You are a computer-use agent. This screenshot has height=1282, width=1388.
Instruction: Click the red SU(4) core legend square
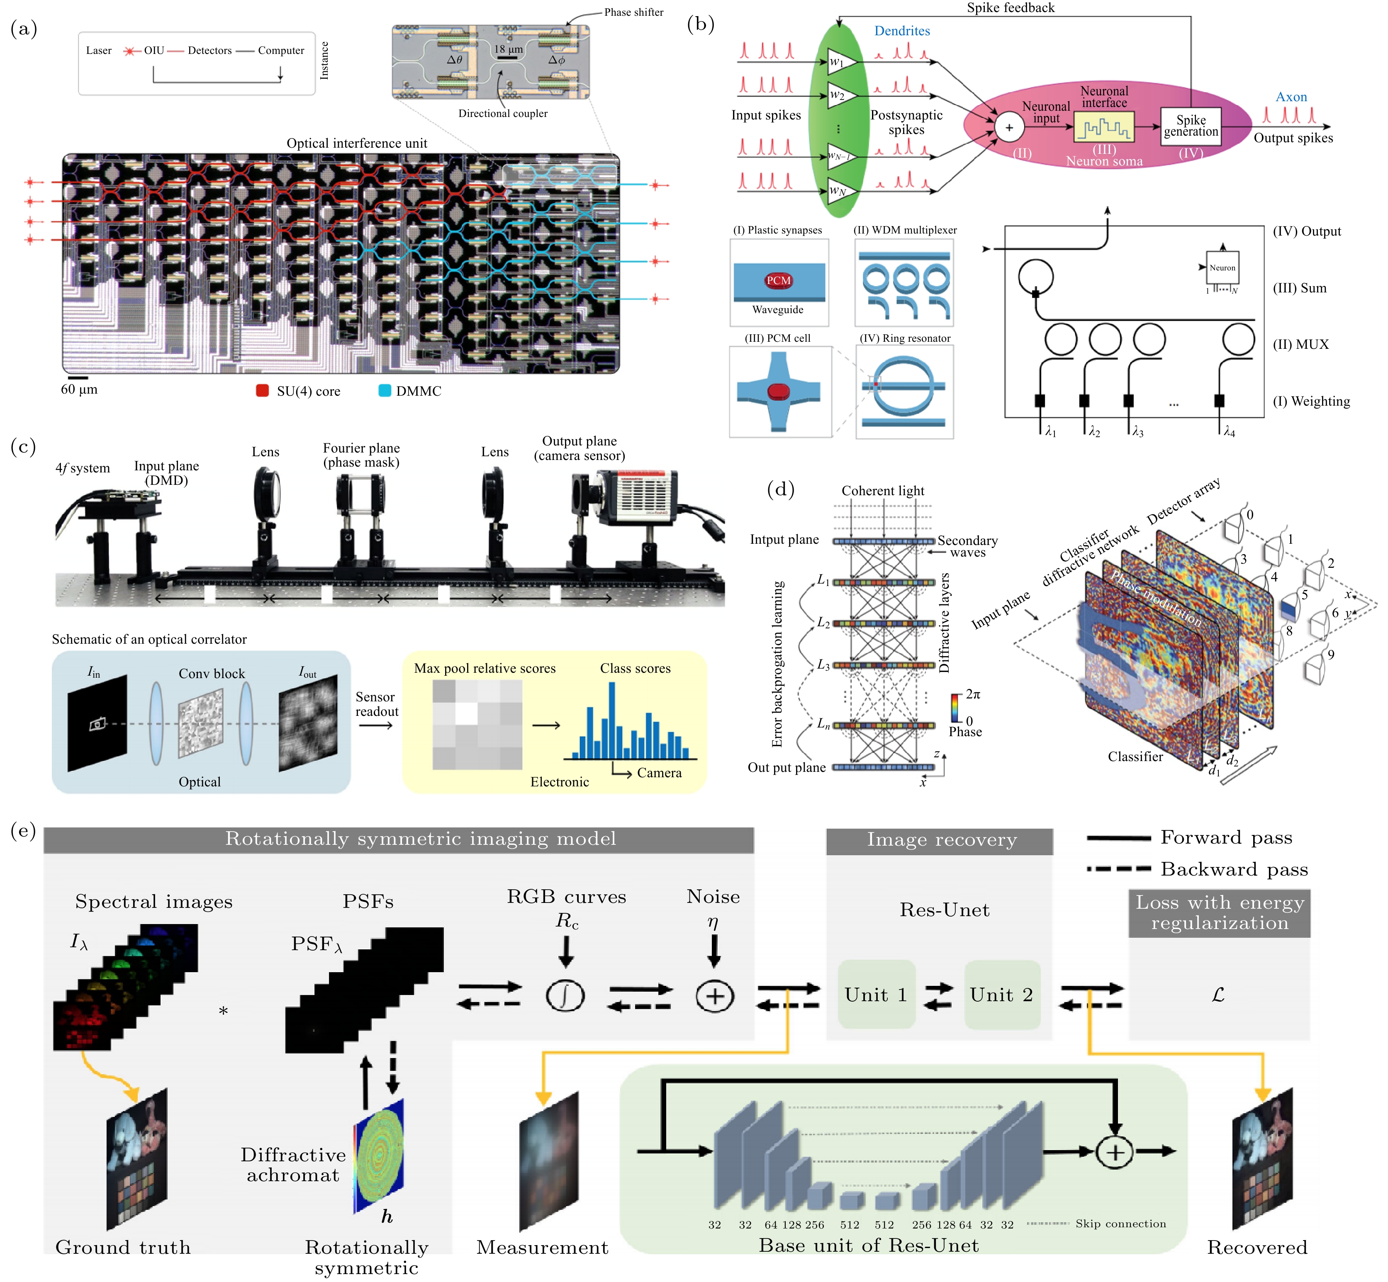pyautogui.click(x=262, y=391)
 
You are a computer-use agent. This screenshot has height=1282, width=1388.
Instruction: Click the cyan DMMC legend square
pyautogui.click(x=385, y=391)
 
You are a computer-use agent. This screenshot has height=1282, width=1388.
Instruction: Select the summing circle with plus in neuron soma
pyautogui.click(x=1009, y=128)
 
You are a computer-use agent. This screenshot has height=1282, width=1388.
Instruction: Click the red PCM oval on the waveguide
pyautogui.click(x=778, y=280)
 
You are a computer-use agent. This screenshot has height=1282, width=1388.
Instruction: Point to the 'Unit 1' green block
pyautogui.click(x=876, y=995)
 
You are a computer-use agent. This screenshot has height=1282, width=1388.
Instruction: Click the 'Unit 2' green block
pyautogui.click(x=1001, y=995)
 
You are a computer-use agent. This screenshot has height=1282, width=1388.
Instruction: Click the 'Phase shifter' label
pyautogui.click(x=633, y=12)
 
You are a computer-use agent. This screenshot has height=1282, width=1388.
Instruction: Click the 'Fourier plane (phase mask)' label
pyautogui.click(x=361, y=455)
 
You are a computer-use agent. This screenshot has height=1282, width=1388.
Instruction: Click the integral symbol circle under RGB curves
pyautogui.click(x=565, y=996)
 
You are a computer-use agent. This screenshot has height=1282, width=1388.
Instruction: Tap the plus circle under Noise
pyautogui.click(x=714, y=996)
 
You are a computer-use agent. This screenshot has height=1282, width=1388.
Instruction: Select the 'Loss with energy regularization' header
pyautogui.click(x=1219, y=913)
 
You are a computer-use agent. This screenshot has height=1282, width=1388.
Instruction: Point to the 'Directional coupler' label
pyautogui.click(x=502, y=113)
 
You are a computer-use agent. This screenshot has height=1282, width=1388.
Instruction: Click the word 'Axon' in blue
pyautogui.click(x=1291, y=97)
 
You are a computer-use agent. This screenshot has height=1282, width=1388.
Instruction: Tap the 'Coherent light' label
pyautogui.click(x=883, y=491)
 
